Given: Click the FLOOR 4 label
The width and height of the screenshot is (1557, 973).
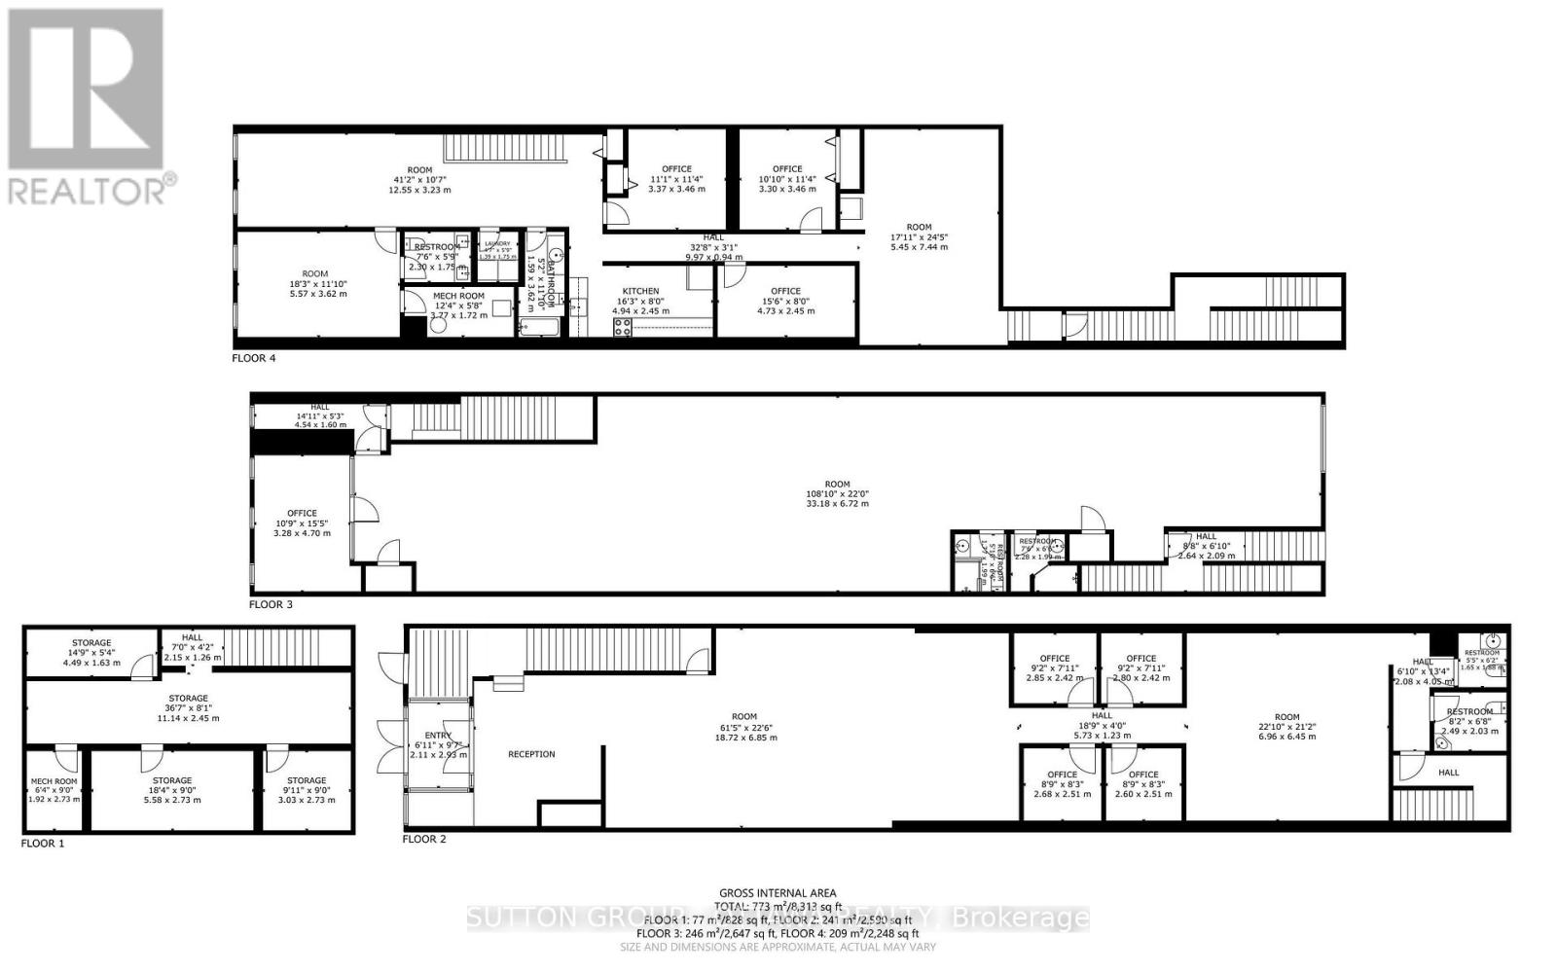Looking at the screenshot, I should coord(253,358).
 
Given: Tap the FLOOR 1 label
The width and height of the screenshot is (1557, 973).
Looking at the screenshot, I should coord(43,844).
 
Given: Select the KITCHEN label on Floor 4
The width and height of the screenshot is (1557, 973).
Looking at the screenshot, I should coord(640,291).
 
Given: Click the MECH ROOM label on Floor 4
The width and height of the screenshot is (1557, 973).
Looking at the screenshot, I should coord(458,296).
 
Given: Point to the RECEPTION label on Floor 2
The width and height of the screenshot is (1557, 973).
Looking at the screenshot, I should coord(531,754).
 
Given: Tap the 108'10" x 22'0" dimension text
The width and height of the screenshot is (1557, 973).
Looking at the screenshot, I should coord(837,494).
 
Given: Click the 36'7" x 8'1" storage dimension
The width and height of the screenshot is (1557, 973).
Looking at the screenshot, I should coord(188,708).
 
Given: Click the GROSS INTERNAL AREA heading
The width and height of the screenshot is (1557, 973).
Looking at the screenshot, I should coord(778,893).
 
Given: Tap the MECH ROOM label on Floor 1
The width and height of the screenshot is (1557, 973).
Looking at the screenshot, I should coord(53,780).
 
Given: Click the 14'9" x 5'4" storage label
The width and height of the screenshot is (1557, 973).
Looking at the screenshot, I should coord(91,653).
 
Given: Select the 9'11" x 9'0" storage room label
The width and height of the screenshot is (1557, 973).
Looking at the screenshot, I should coord(307,790).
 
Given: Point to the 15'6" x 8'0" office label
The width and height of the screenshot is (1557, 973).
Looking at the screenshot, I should coord(785,301).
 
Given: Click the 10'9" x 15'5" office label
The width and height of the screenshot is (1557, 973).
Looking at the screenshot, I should coord(302,523).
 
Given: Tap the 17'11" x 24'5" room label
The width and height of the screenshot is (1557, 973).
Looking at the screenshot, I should coord(919,237).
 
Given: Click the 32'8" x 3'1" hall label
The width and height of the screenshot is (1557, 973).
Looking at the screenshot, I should coord(713,247).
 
